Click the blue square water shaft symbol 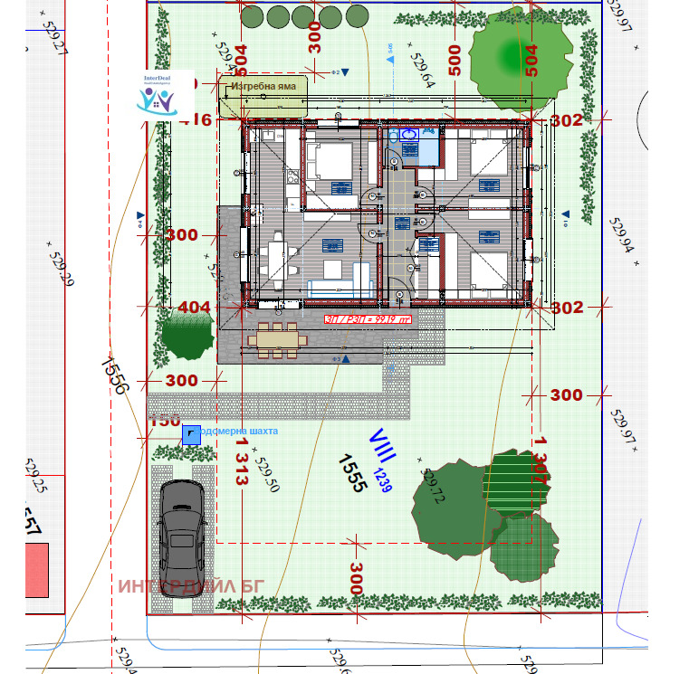[191, 435]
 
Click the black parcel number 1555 [351, 471]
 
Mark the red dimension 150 [165, 421]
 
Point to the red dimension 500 [455, 60]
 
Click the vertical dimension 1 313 [241, 463]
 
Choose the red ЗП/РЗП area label [368, 318]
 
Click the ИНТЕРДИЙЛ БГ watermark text [190, 585]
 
